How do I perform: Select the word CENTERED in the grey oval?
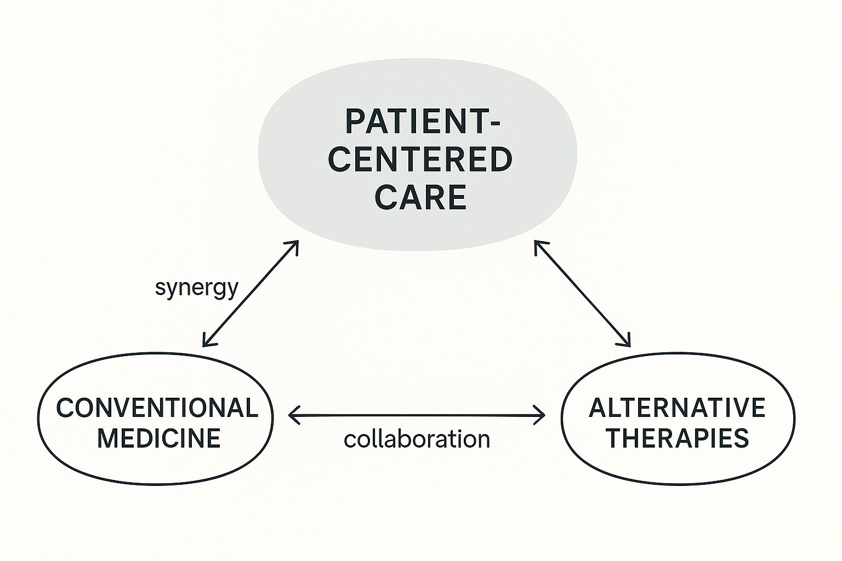coord(420,159)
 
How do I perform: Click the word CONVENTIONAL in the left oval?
coord(157,408)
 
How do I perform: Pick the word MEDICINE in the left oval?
coord(159,438)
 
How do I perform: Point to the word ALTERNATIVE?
coord(677,408)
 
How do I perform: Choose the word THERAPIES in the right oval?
coord(679,438)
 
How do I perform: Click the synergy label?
coord(196,288)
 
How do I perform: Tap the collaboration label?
coord(417,439)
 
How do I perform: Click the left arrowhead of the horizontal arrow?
coord(292,416)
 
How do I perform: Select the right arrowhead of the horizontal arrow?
coord(542,416)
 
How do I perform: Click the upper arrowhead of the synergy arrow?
coord(295,244)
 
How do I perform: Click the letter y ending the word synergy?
coord(232,289)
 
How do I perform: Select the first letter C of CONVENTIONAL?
coord(66,408)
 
